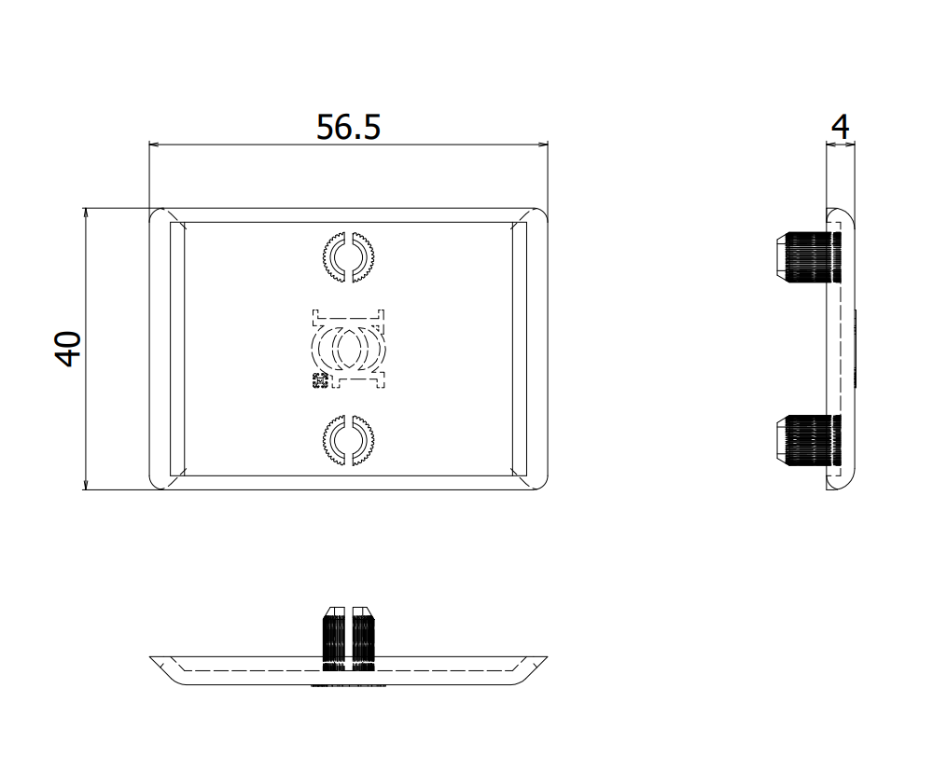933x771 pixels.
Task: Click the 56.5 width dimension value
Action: (x=348, y=127)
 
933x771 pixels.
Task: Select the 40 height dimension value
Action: (x=68, y=349)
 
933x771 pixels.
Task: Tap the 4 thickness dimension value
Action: (x=842, y=127)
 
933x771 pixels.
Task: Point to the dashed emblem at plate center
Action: (x=348, y=348)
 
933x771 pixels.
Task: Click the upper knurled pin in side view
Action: (x=810, y=257)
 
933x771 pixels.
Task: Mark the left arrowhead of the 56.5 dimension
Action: (x=155, y=145)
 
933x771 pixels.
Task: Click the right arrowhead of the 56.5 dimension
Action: (x=542, y=145)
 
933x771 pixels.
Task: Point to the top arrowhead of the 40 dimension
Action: (x=85, y=213)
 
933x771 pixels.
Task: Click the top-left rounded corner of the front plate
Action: (x=156, y=215)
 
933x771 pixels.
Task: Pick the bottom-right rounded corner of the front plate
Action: (x=541, y=482)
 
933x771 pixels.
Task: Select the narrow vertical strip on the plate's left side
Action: (x=176, y=349)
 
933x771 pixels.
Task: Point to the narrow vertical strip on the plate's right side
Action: (x=520, y=349)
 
